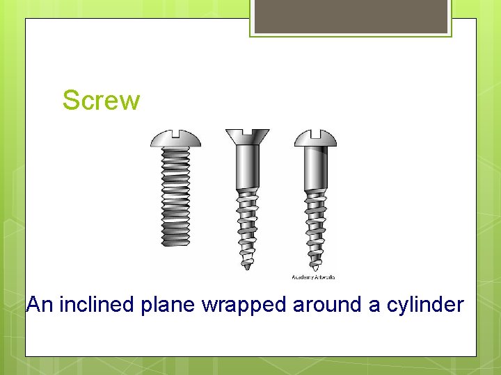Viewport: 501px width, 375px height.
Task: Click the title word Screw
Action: click(x=101, y=101)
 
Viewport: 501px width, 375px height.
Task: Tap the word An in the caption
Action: click(x=40, y=305)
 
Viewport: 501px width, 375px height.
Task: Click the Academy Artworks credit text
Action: click(x=312, y=277)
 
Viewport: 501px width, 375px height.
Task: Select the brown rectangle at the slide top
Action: click(x=351, y=17)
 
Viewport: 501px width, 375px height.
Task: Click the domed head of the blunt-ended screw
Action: click(x=176, y=140)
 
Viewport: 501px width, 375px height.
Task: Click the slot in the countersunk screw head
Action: click(x=247, y=131)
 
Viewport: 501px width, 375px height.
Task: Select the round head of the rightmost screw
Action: click(x=315, y=140)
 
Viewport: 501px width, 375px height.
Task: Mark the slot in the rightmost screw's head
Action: click(x=315, y=132)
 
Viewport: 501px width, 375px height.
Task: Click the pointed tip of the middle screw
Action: click(x=247, y=266)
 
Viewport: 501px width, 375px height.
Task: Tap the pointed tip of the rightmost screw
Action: click(x=315, y=266)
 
